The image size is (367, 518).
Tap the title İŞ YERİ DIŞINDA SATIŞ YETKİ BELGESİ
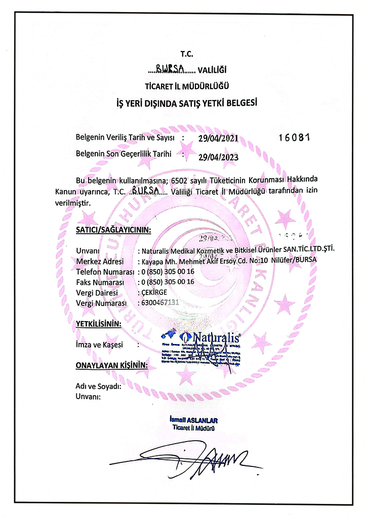[187, 104]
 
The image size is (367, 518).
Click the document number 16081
[295, 137]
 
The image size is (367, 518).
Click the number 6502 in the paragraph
[182, 180]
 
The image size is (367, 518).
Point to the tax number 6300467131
[161, 303]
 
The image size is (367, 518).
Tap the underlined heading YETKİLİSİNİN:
[99, 323]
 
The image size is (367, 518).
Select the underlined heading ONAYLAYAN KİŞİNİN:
[111, 364]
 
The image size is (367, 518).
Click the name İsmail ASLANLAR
[194, 420]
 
